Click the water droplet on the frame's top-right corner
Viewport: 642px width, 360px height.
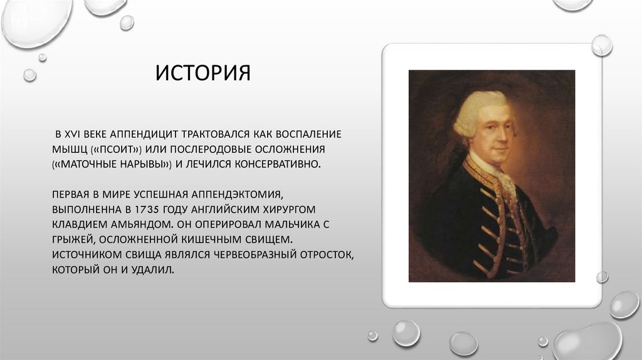click(x=602, y=45)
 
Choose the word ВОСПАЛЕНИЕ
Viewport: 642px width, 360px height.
click(x=307, y=135)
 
